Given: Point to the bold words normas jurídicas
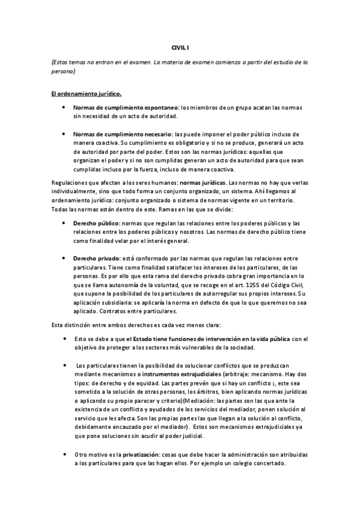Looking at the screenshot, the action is click(204, 182).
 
